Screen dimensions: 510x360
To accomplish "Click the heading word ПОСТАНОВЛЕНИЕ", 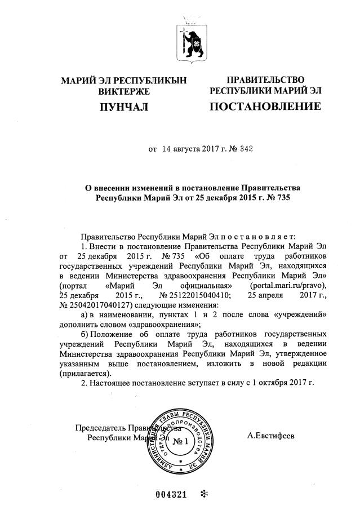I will pyautogui.click(x=265, y=106).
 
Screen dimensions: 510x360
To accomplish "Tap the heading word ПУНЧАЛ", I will pyautogui.click(x=123, y=106).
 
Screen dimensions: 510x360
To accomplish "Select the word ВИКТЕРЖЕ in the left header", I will pyautogui.click(x=123, y=91).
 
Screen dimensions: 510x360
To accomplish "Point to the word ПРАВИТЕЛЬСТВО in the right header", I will pyautogui.click(x=265, y=79).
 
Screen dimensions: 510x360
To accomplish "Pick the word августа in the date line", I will pyautogui.click(x=190, y=149).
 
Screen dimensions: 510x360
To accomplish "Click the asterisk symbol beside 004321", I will pyautogui.click(x=205, y=494).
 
